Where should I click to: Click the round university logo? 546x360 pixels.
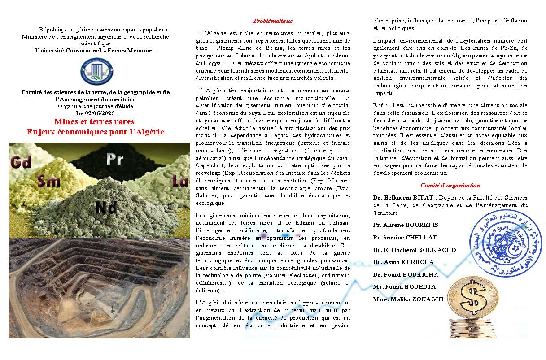coord(97,72)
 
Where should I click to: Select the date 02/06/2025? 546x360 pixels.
coord(99,113)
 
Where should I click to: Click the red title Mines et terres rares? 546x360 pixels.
coord(94,121)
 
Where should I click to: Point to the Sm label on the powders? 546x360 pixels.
coord(49,180)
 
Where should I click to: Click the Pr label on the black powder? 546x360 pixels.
coord(115,159)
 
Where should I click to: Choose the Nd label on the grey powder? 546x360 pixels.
coord(106,207)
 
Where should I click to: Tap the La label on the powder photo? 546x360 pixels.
coord(180,181)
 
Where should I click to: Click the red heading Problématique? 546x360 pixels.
coord(273,21)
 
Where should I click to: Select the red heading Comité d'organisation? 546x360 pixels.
coord(450,185)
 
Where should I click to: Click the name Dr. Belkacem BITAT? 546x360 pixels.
coord(403,197)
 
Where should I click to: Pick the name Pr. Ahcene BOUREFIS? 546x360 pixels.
coord(406,225)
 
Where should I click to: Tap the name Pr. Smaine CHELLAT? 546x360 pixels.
coord(405,237)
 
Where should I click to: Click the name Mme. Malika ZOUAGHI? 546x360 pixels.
coord(408,299)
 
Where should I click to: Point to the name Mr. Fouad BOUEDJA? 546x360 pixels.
coord(404,286)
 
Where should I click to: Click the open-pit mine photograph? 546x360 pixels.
coord(99,287)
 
